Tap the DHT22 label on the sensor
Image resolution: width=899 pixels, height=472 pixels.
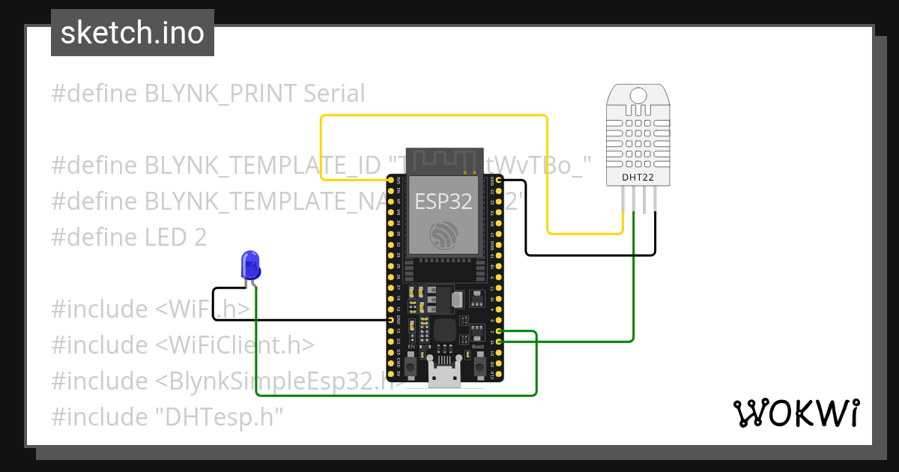[x=638, y=178]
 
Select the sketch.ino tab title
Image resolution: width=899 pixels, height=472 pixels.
[x=133, y=33]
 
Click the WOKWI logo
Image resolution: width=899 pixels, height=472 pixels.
[x=795, y=413]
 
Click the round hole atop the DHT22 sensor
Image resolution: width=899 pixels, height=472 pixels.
[x=638, y=95]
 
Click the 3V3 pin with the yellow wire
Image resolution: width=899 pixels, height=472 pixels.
[x=391, y=181]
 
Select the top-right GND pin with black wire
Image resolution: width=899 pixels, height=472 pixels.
[x=499, y=181]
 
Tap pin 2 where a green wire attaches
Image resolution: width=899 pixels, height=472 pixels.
[x=499, y=331]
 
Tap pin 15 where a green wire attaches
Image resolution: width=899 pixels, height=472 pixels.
[x=499, y=342]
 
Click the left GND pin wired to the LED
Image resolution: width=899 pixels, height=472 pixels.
[x=391, y=321]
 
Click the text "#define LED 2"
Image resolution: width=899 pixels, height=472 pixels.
[x=129, y=237]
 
